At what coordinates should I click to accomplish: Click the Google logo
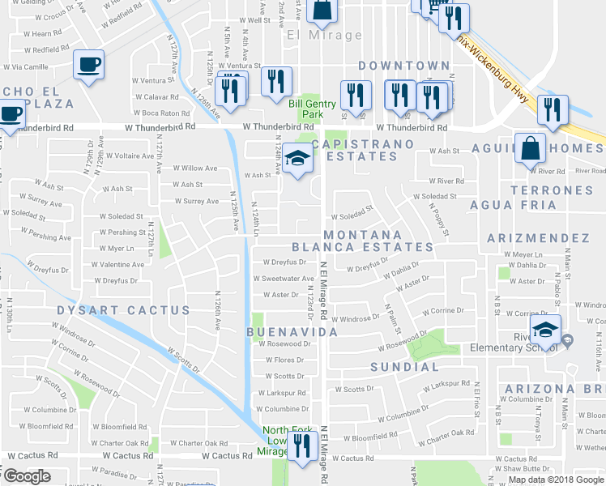27,476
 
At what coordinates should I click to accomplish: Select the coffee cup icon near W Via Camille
88,64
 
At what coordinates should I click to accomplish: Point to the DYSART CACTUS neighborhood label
124,310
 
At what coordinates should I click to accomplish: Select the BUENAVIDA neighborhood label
292,333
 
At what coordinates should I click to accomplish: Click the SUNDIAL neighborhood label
405,367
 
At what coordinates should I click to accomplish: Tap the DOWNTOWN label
403,65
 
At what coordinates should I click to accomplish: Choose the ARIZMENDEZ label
538,238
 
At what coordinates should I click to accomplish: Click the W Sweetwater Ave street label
283,279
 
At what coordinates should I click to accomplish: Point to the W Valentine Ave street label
117,265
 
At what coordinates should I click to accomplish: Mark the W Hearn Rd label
42,34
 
